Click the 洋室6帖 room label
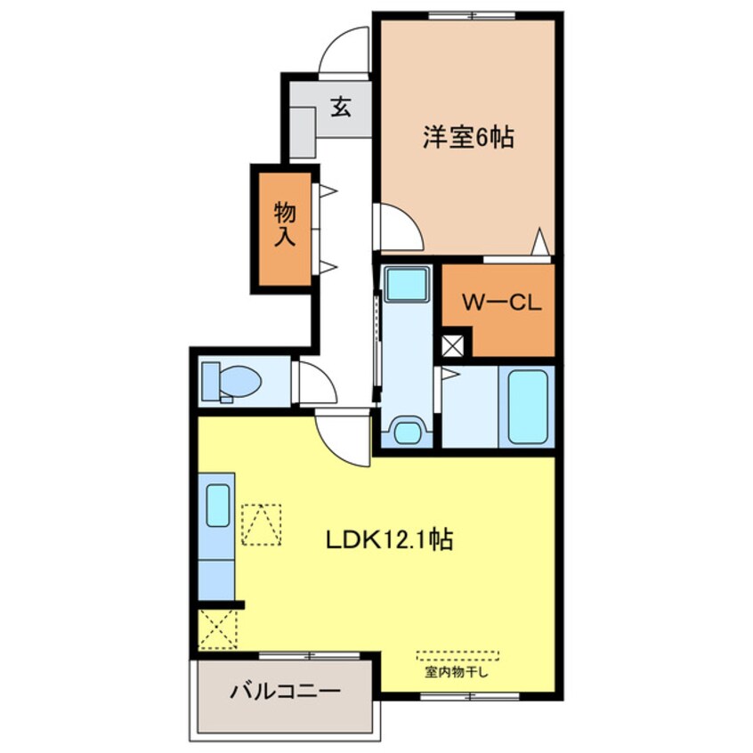[x=468, y=137]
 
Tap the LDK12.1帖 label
[x=389, y=539]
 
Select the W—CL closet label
[x=501, y=303]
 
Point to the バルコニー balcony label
[x=285, y=692]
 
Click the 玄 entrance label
[x=341, y=107]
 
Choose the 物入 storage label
[x=285, y=225]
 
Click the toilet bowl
[x=240, y=381]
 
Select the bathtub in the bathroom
[x=527, y=407]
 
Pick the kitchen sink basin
[x=218, y=506]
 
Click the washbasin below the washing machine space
[x=408, y=430]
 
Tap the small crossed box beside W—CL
[x=452, y=345]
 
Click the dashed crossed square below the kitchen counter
[x=217, y=629]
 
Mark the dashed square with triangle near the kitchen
[x=262, y=524]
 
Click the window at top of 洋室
[x=472, y=15]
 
